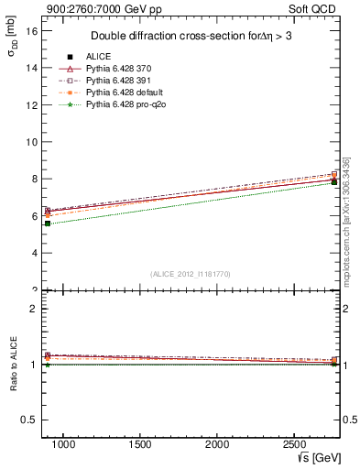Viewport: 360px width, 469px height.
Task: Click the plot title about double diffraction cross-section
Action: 192,37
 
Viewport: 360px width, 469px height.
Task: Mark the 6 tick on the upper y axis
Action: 34,216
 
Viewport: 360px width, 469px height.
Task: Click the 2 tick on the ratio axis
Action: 34,309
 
